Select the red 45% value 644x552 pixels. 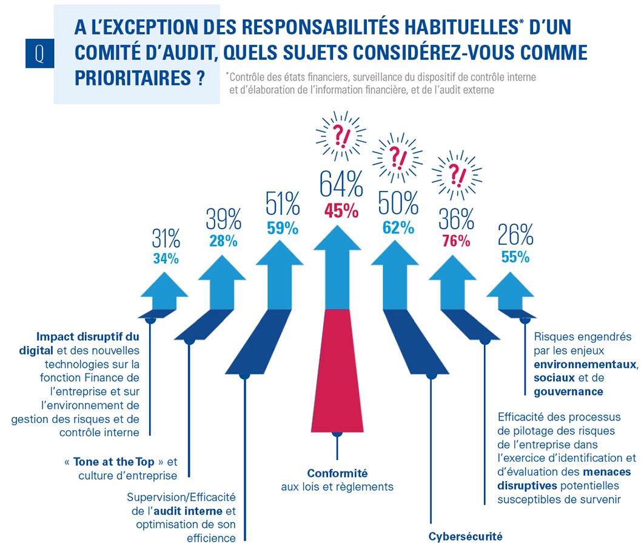[341, 211]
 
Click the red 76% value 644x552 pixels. [456, 241]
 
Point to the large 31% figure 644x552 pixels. [166, 238]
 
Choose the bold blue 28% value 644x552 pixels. [223, 241]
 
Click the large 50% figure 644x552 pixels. [398, 203]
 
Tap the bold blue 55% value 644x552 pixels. [515, 256]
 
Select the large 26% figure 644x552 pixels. [515, 234]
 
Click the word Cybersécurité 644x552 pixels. [466, 536]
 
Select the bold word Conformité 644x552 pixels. [337, 473]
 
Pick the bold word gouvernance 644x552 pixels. [568, 391]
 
